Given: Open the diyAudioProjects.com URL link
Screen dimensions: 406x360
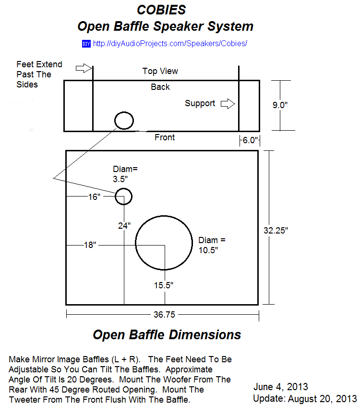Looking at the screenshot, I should coord(170,44).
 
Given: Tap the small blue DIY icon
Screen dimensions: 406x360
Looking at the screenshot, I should coord(86,44).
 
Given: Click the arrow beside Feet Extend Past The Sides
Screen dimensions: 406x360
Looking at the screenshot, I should coord(84,68).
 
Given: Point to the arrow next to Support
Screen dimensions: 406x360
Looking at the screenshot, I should coord(227,103).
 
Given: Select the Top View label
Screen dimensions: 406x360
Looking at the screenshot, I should coord(160,71).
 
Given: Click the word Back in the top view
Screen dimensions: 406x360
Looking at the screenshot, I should coord(160,87).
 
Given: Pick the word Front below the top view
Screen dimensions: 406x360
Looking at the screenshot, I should coord(165,137).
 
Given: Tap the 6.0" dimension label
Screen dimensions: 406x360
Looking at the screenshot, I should coord(250,140).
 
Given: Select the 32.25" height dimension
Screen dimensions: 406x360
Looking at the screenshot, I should coord(276,230).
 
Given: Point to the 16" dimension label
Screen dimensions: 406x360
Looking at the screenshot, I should coord(94,197).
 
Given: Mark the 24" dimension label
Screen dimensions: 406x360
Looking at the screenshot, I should coord(124,225).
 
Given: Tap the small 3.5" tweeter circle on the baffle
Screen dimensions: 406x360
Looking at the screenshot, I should coord(123,196).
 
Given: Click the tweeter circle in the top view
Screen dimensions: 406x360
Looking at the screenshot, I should coord(124,120).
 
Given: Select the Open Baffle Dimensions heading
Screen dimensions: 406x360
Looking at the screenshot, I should coord(167,334).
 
